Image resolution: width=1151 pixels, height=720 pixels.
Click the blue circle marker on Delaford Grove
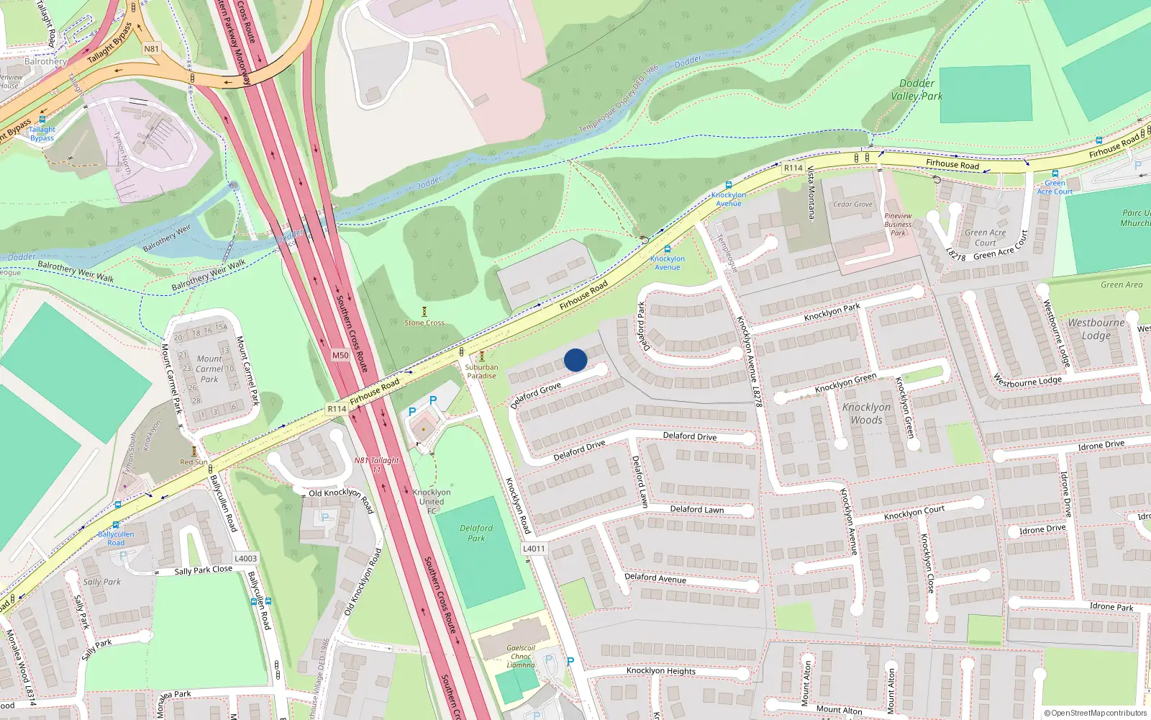tap(575, 360)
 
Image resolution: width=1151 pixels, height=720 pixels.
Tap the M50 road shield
tap(340, 355)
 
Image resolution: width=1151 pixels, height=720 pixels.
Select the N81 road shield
tap(151, 49)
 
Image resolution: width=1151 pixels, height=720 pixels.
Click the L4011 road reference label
tap(534, 549)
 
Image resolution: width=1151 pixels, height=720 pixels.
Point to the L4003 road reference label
tap(245, 558)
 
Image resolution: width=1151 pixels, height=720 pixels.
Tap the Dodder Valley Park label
tap(916, 90)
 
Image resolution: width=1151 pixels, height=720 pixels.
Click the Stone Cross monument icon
tap(424, 312)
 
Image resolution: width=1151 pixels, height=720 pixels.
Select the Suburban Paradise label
tap(481, 372)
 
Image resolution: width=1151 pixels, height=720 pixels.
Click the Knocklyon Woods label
tap(866, 413)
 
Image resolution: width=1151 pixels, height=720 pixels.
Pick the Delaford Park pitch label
tap(476, 533)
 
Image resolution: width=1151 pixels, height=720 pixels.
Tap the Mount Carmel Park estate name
tap(209, 369)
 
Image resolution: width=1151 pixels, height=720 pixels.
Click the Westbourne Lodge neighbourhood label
tap(1096, 329)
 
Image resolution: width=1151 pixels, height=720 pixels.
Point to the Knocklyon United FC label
tap(432, 502)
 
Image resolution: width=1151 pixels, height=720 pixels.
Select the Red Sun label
tap(194, 462)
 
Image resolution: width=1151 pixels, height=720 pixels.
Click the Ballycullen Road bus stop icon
tap(116, 525)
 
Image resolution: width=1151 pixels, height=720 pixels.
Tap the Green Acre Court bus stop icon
tap(1055, 174)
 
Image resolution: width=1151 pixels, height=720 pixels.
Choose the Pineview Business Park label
tap(898, 224)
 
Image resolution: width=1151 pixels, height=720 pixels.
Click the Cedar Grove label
tap(852, 204)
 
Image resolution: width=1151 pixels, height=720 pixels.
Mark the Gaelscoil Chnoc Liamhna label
tap(521, 656)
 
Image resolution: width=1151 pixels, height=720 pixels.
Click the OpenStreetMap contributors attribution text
tap(1096, 713)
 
